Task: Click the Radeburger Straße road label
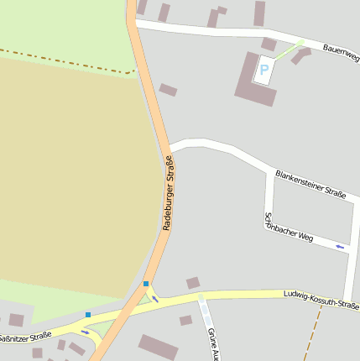tap(169, 193)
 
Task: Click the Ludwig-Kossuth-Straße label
tap(321, 300)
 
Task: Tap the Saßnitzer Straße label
tap(25, 338)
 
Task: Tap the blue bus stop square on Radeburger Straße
tap(146, 284)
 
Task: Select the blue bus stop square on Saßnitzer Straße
tap(88, 315)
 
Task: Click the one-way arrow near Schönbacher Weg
tap(339, 246)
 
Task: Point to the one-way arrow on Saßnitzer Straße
tap(84, 331)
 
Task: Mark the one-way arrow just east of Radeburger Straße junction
tap(155, 298)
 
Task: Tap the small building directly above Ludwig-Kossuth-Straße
tap(193, 283)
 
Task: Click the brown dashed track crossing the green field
tap(67, 62)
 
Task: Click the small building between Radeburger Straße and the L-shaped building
tap(168, 90)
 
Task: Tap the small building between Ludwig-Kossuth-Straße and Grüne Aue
tap(185, 320)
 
